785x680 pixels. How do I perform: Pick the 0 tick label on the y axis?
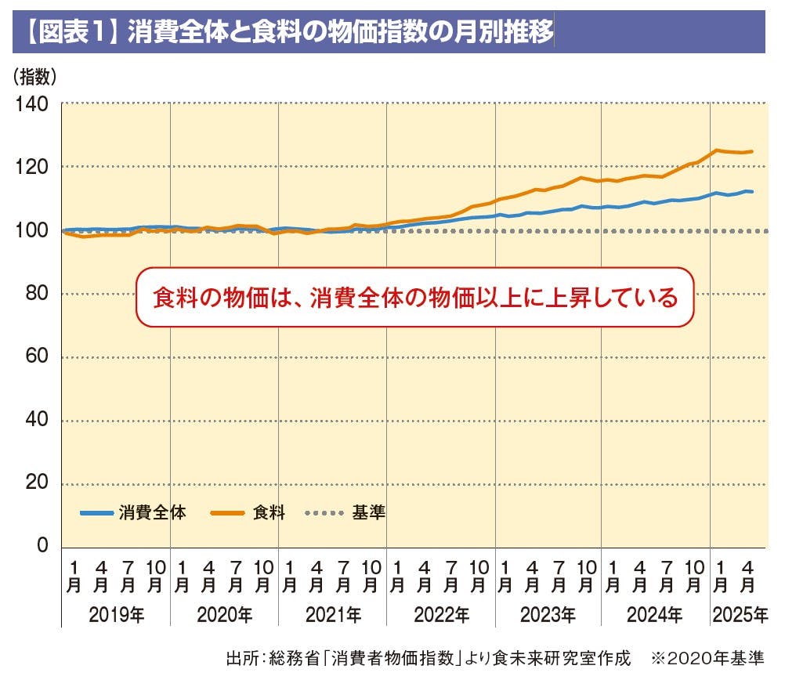42,546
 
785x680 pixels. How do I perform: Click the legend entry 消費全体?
153,514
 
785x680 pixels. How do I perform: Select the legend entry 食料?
269,514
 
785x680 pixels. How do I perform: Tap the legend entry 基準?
368,514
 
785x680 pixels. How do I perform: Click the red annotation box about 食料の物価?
415,298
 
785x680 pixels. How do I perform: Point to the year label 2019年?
116,615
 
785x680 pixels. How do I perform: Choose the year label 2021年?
332,615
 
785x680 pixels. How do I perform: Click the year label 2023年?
548,615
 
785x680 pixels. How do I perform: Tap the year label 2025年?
740,615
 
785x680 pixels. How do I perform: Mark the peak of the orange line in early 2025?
716,150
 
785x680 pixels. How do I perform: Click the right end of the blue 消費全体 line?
751,191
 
